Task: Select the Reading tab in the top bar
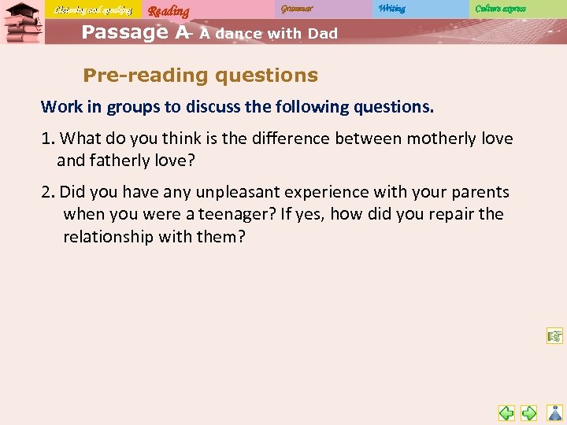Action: pos(169,10)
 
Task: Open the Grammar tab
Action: pos(297,9)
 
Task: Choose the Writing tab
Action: pos(391,9)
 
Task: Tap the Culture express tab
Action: pos(500,9)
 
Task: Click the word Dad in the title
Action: pos(322,34)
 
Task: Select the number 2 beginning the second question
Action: pos(46,192)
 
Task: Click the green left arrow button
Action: pos(506,412)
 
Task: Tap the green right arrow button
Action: pos(530,412)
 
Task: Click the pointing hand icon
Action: pos(555,337)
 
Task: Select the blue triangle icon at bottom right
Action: pos(554,412)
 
